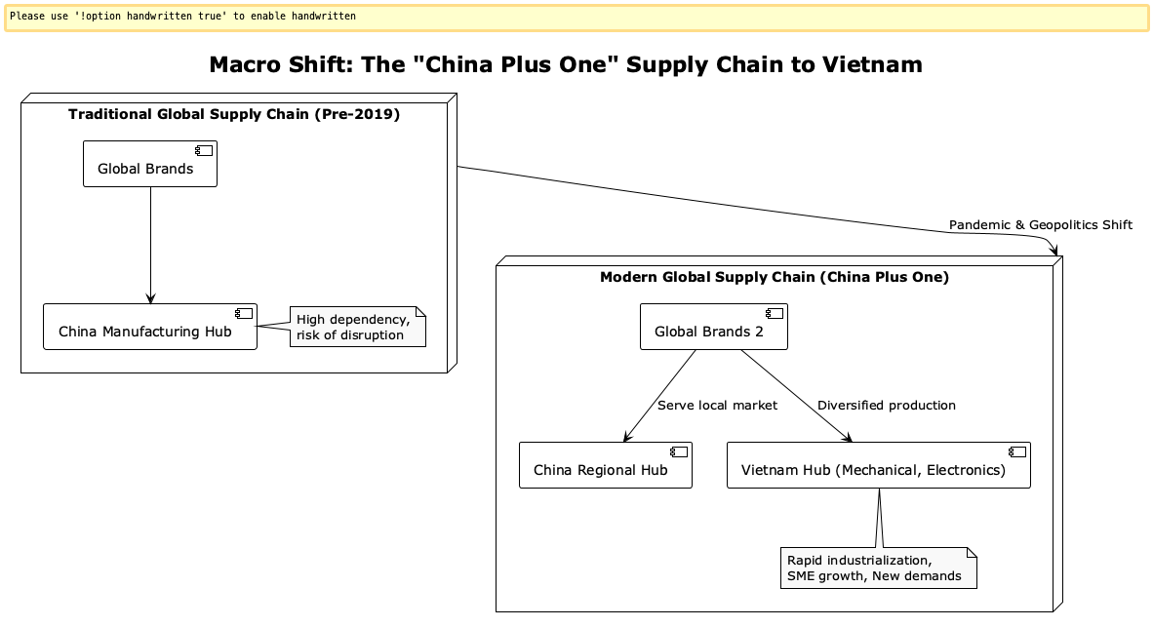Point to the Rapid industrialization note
click(x=878, y=568)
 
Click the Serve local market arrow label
click(x=717, y=405)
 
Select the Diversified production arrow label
click(x=886, y=405)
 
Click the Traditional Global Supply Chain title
click(x=234, y=114)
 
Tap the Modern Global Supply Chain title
click(x=774, y=277)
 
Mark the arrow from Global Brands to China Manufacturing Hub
click(x=150, y=244)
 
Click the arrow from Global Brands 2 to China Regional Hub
click(x=659, y=395)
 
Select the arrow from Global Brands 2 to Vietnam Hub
click(x=795, y=395)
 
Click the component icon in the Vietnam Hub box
click(x=1016, y=452)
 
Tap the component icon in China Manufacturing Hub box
click(x=243, y=313)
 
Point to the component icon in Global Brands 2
click(x=774, y=313)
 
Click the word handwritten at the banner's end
click(x=323, y=17)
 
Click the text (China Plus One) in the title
click(x=884, y=277)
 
